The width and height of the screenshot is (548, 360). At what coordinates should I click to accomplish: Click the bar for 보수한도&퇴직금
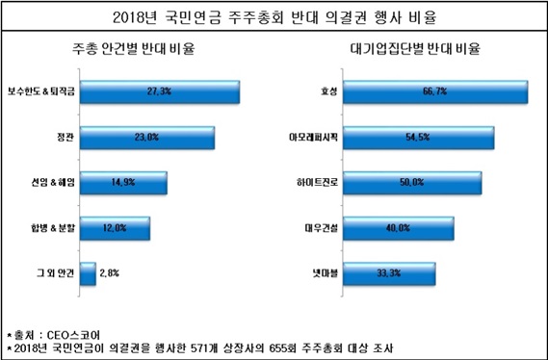[x=161, y=91]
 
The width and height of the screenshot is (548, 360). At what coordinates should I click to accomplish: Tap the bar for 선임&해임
[x=124, y=182]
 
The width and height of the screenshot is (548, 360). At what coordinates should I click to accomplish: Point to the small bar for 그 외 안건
[x=88, y=273]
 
